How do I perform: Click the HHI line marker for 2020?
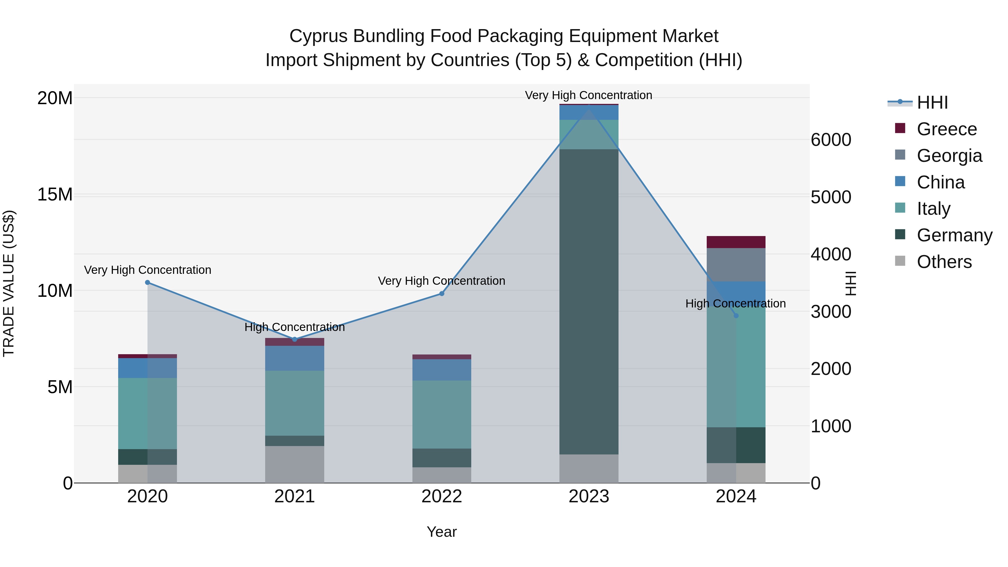pos(148,283)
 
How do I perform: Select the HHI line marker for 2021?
pos(295,339)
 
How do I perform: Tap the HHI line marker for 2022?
pos(442,293)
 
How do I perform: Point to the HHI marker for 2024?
pos(736,315)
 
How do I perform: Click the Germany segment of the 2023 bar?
pos(589,301)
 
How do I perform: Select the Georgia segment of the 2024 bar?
pos(736,265)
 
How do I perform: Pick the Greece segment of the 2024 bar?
pos(736,242)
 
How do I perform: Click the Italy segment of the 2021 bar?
pos(295,403)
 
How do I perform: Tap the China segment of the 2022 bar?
pos(442,370)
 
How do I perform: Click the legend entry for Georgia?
pos(949,156)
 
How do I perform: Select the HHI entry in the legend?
pos(932,102)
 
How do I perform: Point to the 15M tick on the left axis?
pos(55,195)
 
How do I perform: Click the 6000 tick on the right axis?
pos(831,140)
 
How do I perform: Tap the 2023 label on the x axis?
pos(589,496)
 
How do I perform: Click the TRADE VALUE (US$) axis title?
pos(9,283)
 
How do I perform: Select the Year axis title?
pos(442,532)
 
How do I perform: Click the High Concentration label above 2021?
pos(295,327)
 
